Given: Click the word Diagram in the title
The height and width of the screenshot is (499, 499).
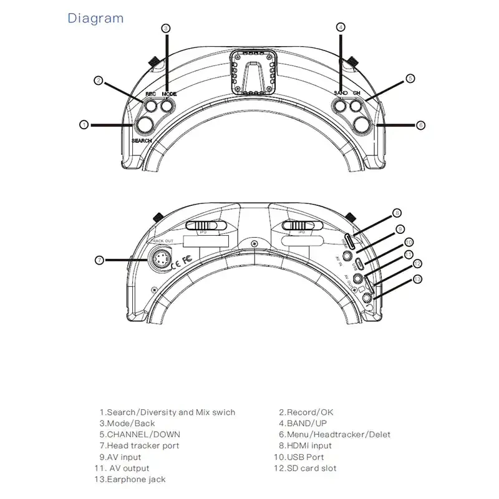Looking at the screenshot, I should tap(95, 18).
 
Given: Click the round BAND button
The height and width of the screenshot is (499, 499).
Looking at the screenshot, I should tap(341, 107).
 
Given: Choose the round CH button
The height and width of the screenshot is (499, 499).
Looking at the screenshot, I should tap(356, 107).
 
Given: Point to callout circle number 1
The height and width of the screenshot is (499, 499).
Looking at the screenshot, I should tap(84, 125).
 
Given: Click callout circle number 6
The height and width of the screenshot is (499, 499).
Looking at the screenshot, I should tap(420, 125).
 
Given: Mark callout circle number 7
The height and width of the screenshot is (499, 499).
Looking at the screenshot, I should tap(99, 259).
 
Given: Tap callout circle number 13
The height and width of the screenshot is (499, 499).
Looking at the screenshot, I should tap(417, 278).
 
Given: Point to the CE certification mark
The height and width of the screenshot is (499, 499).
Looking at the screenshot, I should tap(177, 259).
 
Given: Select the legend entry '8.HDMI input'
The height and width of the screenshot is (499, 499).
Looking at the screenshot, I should tap(305, 445).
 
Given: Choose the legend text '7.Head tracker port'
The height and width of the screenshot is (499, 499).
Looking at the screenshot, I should tap(139, 445).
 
